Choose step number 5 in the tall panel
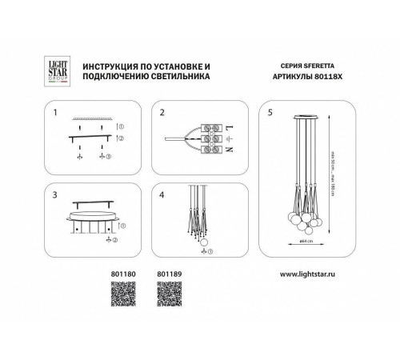point(270,111)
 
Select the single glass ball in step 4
point(202,242)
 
